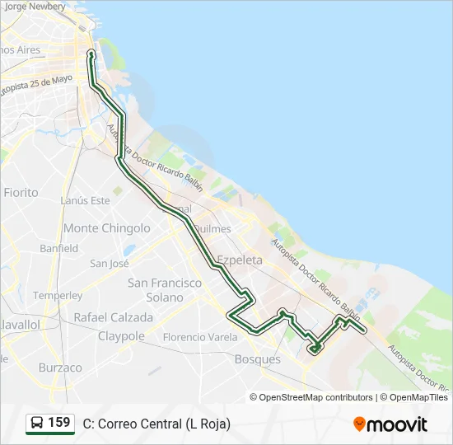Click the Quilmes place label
216,229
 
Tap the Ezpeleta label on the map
239,260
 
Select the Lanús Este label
85,200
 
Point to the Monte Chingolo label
107,228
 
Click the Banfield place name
58,248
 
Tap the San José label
110,264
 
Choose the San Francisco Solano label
165,289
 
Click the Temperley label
58,295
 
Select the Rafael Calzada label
113,317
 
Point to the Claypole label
121,336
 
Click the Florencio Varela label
199,337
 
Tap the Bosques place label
258,359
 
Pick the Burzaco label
60,368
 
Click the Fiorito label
21,192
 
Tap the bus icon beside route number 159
37,423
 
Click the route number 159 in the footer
59,423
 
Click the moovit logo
390,424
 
